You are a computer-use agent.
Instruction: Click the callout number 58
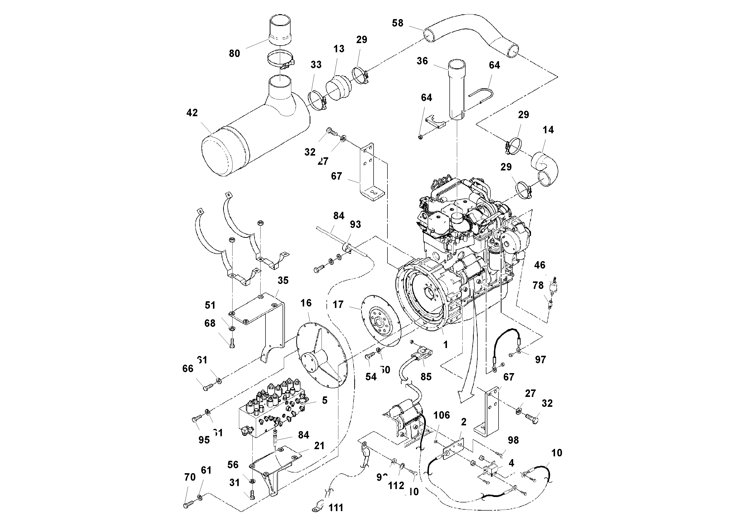point(397,23)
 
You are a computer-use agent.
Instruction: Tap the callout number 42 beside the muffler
point(192,113)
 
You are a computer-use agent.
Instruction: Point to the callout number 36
point(422,61)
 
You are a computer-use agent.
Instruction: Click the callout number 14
point(548,130)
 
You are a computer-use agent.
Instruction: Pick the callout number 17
point(338,304)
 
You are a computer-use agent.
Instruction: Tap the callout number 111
point(336,508)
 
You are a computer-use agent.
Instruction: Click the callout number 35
point(283,280)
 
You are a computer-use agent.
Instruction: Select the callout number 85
point(426,377)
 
